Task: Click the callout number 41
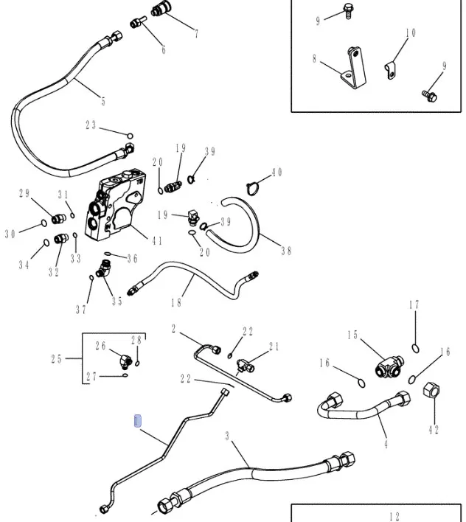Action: pos(157,240)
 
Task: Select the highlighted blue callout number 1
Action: pos(137,422)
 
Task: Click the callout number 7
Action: pos(196,34)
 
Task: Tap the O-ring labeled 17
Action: pos(415,347)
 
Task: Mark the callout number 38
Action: pos(286,251)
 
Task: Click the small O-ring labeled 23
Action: pos(130,136)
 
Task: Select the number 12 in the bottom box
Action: pos(394,516)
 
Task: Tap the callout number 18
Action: pos(177,302)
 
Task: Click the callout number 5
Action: pos(103,101)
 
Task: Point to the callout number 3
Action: pos(228,437)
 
